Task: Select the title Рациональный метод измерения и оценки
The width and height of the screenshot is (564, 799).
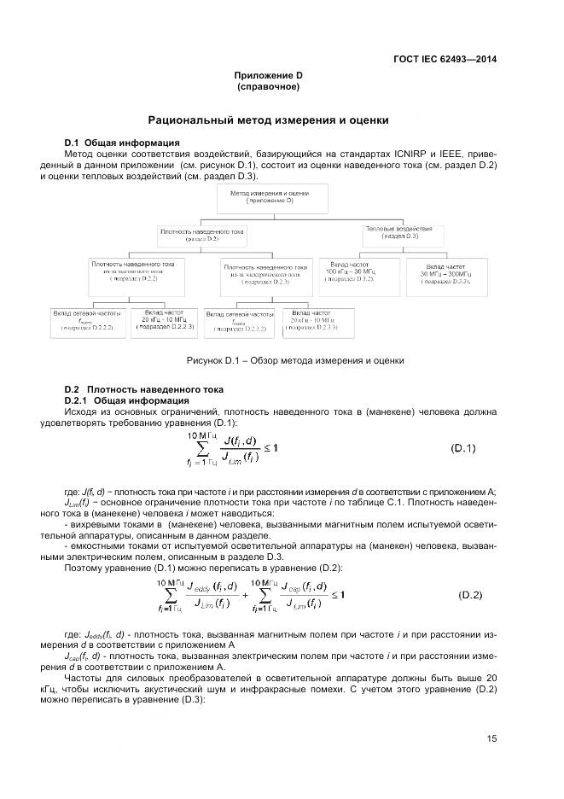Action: coord(268,120)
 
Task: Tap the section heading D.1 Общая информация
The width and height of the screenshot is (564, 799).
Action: coord(121,142)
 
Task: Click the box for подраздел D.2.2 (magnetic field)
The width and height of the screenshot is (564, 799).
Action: coord(132,271)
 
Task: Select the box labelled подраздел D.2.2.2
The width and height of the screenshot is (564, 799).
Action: coord(86,320)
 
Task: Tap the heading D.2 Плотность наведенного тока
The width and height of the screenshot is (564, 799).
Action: coord(144,389)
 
